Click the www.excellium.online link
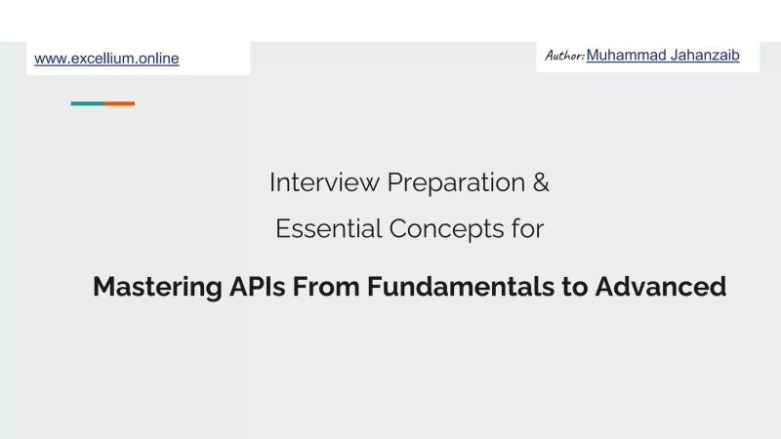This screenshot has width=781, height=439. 106,59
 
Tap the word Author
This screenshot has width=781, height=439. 563,57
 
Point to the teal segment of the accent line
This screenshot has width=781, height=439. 87,103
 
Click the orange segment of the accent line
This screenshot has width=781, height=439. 119,103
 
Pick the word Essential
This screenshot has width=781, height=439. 328,229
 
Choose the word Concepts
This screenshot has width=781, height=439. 447,230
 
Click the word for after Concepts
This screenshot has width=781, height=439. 528,229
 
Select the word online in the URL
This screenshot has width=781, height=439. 158,59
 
